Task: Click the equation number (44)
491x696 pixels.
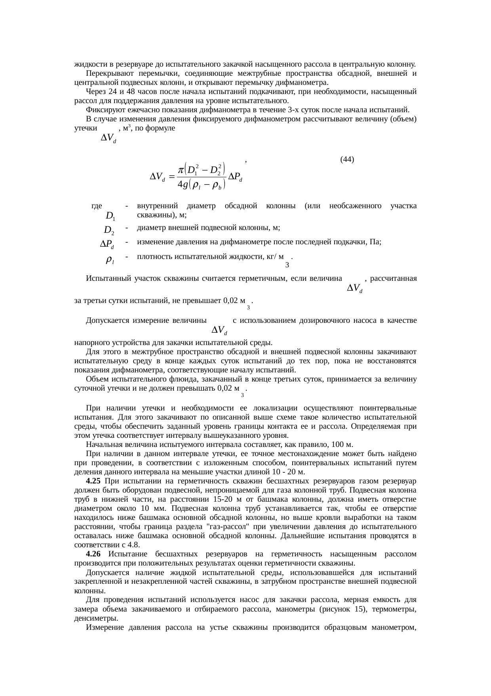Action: click(347, 159)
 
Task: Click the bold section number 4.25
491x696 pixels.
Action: click(93, 481)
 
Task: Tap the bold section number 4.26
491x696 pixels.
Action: click(93, 554)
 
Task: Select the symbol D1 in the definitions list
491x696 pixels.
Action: click(110, 217)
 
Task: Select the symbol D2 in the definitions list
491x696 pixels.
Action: click(109, 230)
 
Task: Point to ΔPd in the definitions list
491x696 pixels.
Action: click(107, 244)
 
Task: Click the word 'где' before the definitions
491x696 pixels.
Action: click(97, 206)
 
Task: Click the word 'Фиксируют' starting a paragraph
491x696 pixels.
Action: click(103, 110)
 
